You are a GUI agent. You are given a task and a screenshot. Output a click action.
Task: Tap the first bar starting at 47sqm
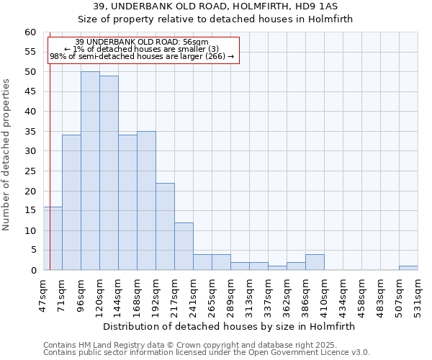click(x=53, y=238)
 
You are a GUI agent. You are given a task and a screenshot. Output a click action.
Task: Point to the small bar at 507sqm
click(x=408, y=268)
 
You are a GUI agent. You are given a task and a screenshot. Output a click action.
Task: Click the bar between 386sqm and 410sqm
click(x=315, y=262)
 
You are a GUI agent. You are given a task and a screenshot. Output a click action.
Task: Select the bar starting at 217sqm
click(x=184, y=246)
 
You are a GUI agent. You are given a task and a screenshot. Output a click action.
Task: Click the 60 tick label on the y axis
click(x=30, y=32)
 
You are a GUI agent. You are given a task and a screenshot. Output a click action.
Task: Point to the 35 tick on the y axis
click(x=30, y=132)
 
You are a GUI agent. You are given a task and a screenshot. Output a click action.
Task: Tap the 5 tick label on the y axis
click(x=32, y=251)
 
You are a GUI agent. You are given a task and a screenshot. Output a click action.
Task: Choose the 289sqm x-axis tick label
click(x=230, y=294)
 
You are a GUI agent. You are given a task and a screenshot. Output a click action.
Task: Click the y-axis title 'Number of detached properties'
click(x=7, y=155)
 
